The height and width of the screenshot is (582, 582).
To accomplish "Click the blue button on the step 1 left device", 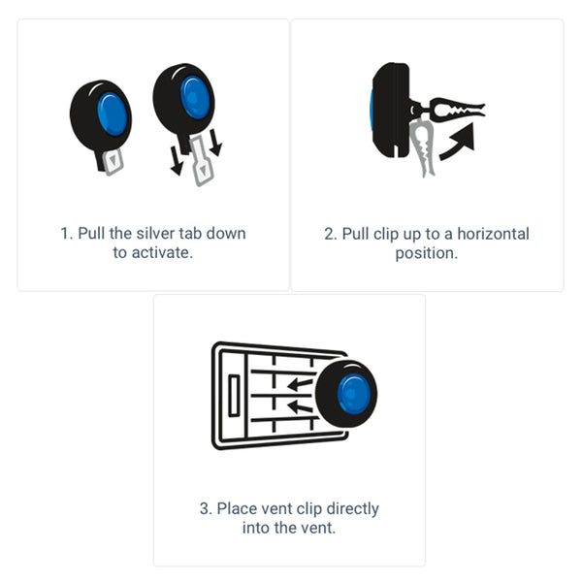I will point(113,113).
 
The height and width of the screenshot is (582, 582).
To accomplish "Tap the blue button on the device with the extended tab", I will point(195,97).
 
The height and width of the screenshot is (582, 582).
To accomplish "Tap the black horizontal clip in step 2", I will point(450,109).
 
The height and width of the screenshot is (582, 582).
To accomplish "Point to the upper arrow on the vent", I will point(300,383).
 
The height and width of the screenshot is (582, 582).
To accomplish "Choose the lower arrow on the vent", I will point(300,406).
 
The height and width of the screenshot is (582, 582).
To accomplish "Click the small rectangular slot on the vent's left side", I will point(234,397).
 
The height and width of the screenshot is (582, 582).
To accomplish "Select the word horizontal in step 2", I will point(495,234).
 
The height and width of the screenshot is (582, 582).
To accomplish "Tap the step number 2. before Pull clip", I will point(330,234).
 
